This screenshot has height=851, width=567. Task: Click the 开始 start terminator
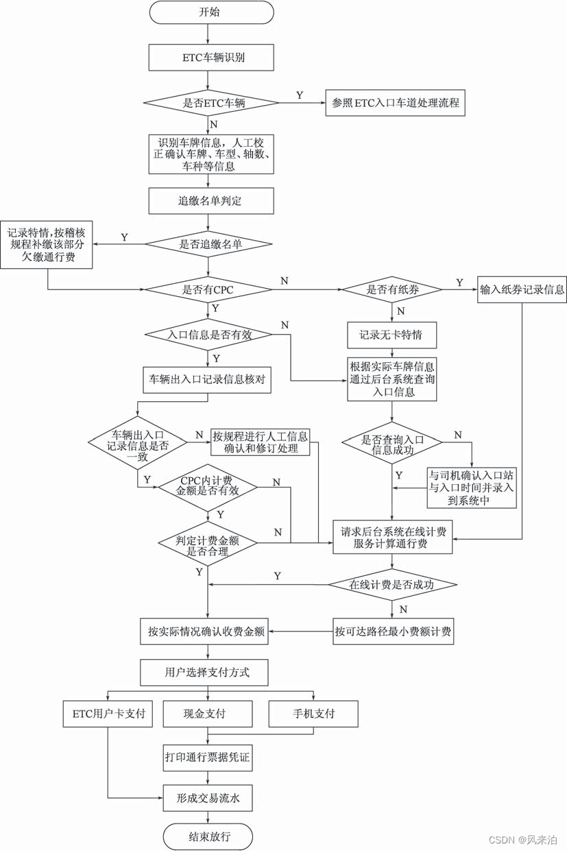click(x=211, y=12)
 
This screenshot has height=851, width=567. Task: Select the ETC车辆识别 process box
click(x=211, y=58)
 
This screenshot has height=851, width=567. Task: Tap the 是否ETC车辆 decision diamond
click(x=211, y=103)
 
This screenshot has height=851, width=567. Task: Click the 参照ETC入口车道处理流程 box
click(x=396, y=103)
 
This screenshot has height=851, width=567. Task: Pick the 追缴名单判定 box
click(x=211, y=201)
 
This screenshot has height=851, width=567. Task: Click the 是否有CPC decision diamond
click(x=208, y=289)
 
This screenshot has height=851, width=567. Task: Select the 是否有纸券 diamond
click(x=391, y=289)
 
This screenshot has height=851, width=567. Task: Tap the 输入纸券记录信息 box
click(x=522, y=289)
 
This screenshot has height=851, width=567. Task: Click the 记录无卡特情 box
click(x=391, y=335)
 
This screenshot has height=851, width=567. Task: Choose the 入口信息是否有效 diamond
click(x=208, y=335)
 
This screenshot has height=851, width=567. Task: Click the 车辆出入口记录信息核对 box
click(x=206, y=379)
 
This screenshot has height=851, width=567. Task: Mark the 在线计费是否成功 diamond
click(x=391, y=585)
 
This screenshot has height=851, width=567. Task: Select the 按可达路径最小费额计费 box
click(x=394, y=631)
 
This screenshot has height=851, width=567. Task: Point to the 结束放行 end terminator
click(x=208, y=837)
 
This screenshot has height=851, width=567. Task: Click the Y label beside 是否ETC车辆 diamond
click(x=299, y=95)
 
